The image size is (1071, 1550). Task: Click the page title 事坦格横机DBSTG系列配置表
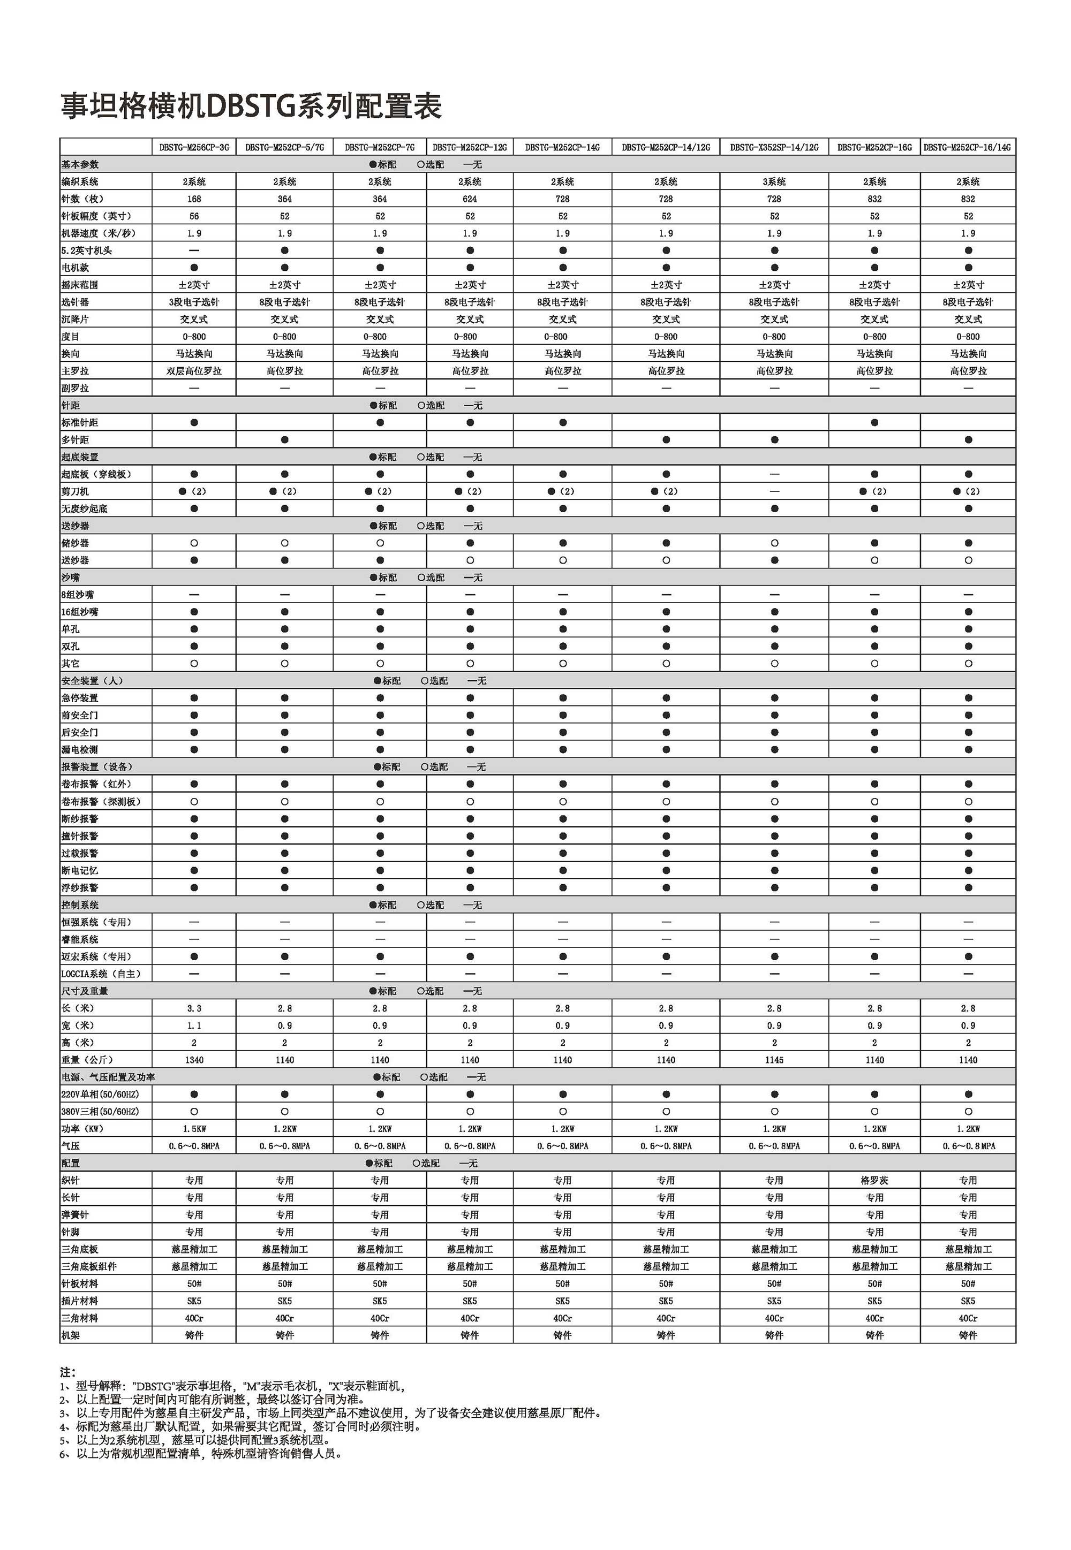[x=252, y=107]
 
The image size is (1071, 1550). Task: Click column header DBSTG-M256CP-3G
[x=194, y=147]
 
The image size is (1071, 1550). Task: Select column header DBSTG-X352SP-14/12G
[x=774, y=147]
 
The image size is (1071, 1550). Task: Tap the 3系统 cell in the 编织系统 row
[x=774, y=182]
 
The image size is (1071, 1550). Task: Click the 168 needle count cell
[x=194, y=199]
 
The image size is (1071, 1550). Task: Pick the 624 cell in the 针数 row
[x=470, y=199]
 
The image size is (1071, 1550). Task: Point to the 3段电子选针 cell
[x=194, y=302]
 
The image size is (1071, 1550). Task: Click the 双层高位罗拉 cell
[x=194, y=371]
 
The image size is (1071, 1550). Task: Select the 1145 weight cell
[x=774, y=1060]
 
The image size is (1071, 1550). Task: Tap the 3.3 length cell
[x=194, y=1008]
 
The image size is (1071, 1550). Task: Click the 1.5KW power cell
[x=194, y=1129]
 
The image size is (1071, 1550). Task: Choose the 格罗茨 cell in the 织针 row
[x=874, y=1181]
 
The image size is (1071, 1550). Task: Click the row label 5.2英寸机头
[x=87, y=251]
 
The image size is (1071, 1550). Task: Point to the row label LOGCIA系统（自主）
[x=101, y=974]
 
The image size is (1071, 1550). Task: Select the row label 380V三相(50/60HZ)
[x=100, y=1111]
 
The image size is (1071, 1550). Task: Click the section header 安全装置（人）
[x=92, y=681]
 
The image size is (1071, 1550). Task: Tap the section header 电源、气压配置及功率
[x=108, y=1077]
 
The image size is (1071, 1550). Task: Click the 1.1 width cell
[x=194, y=1025]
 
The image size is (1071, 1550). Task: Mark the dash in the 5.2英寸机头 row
[x=194, y=250]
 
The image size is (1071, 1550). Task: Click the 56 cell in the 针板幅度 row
[x=194, y=216]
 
